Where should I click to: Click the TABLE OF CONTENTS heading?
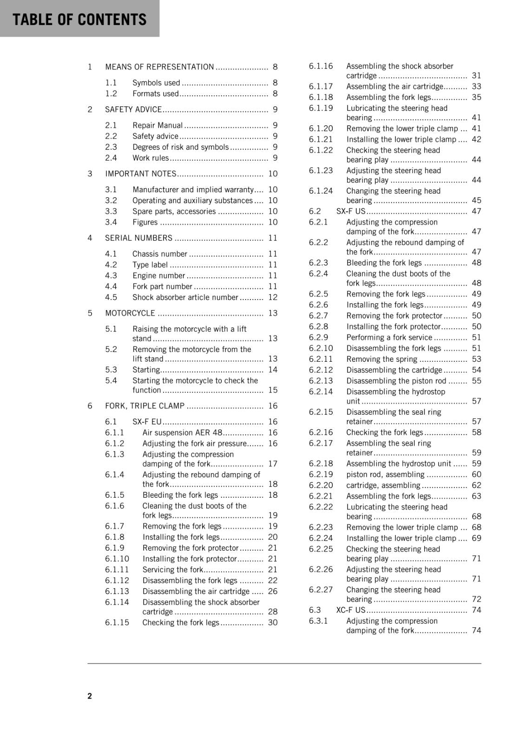tap(79, 20)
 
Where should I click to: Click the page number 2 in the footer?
tap(90, 696)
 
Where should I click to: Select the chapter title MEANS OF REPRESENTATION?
tap(159, 67)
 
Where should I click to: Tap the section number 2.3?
tap(111, 147)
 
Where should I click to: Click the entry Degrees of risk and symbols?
tap(180, 147)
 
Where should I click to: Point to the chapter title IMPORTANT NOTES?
tap(141, 174)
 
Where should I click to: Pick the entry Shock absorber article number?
tap(185, 297)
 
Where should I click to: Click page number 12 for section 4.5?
tap(273, 297)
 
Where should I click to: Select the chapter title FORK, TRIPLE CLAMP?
tap(144, 406)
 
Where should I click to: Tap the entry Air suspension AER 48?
tap(183, 432)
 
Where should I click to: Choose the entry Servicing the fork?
tap(173, 569)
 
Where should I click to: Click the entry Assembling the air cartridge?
tap(394, 86)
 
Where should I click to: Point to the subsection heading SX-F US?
tap(351, 211)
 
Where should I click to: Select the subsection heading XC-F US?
tap(351, 610)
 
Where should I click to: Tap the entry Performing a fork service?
tap(389, 338)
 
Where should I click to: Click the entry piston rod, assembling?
tap(385, 474)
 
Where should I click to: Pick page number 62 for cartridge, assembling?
tap(476, 485)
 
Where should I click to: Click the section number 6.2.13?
tap(321, 381)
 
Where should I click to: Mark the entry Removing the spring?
tap(381, 359)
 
